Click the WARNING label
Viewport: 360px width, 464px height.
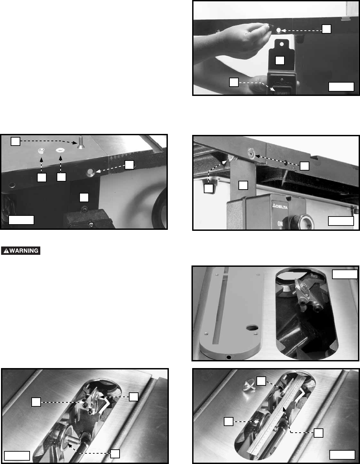pyautogui.click(x=21, y=250)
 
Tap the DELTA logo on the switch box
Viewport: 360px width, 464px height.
pyautogui.click(x=280, y=207)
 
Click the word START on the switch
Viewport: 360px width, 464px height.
pyautogui.click(x=282, y=93)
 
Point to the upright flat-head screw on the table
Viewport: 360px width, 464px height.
pyautogui.click(x=80, y=142)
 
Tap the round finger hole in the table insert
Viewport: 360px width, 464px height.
pyautogui.click(x=252, y=328)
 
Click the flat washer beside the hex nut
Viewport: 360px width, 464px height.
pyautogui.click(x=60, y=150)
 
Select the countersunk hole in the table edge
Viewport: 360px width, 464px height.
pyautogui.click(x=91, y=173)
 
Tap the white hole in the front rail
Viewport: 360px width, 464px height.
pyautogui.click(x=278, y=30)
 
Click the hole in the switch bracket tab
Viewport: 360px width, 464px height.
pyautogui.click(x=282, y=44)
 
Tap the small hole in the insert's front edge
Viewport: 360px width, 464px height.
pyautogui.click(x=229, y=357)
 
